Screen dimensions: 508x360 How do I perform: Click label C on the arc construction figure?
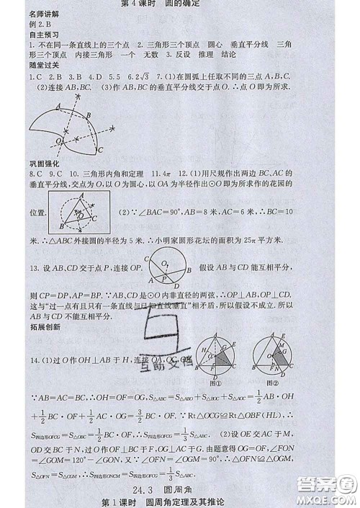tap(101, 149)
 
